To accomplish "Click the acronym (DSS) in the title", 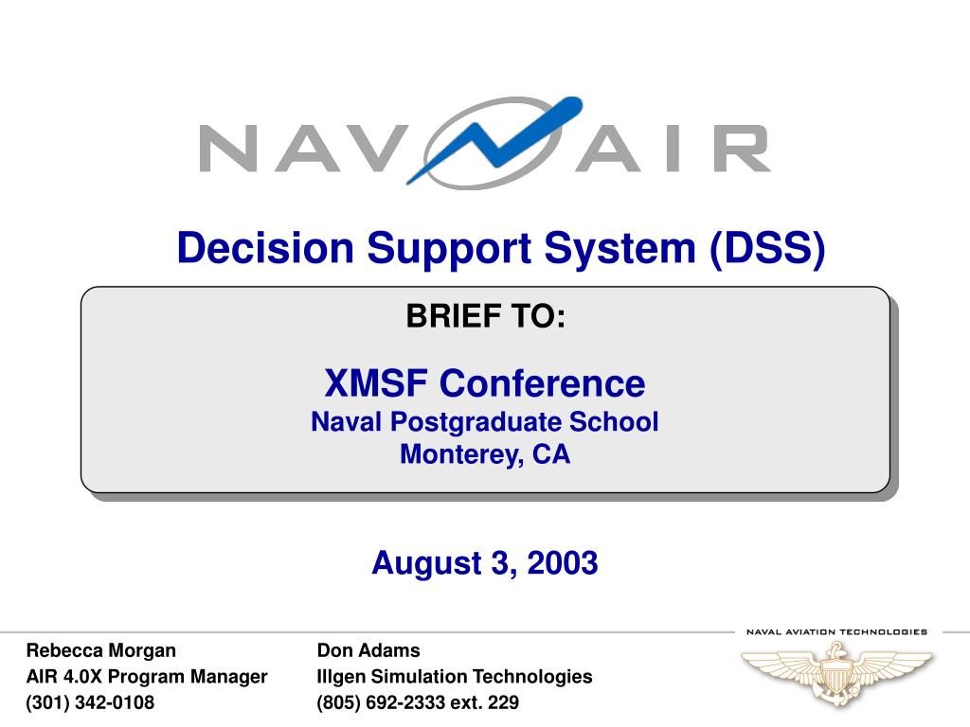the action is point(767,249).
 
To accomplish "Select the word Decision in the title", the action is point(265,248).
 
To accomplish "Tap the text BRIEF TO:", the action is point(486,316).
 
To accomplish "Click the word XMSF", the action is point(376,382).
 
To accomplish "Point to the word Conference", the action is point(543,382).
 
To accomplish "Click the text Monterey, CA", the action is point(485,454).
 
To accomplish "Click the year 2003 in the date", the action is point(563,562).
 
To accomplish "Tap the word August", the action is point(427,564).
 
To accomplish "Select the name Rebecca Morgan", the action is point(100,651).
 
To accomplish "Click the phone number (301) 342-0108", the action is point(90,702).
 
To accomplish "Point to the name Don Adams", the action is point(368,650).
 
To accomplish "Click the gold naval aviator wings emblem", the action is point(836,673).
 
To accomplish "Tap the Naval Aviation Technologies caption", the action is point(837,631).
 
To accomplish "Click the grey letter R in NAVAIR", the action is point(741,149).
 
